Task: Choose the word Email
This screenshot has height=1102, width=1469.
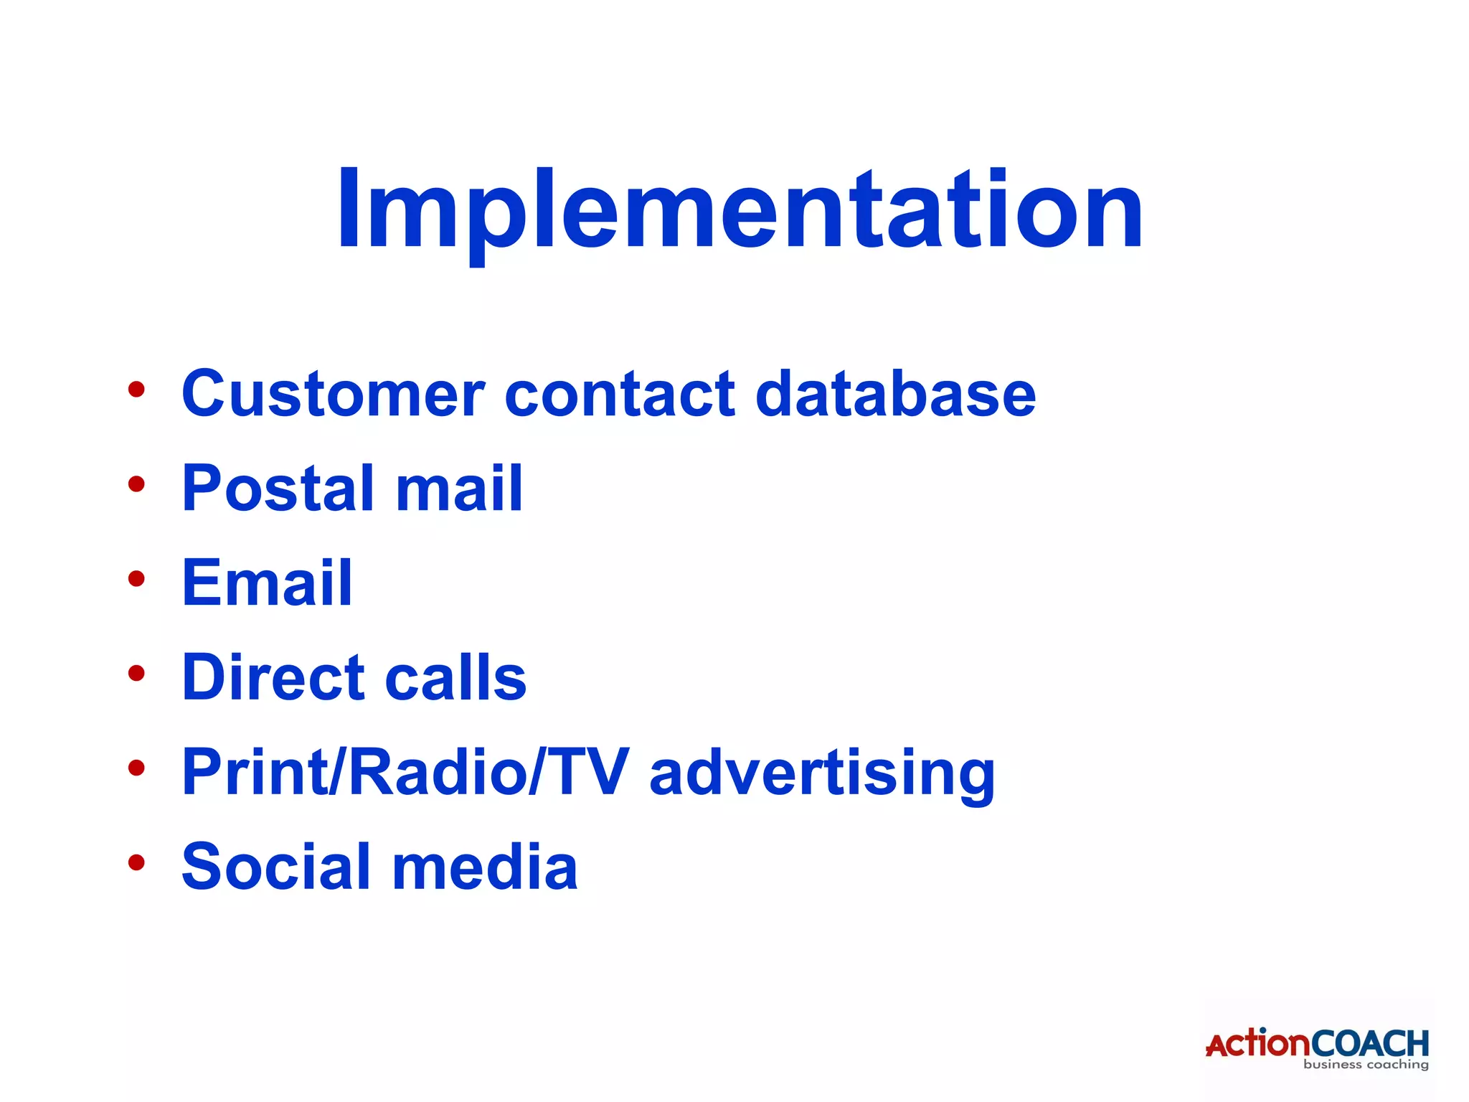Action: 267,583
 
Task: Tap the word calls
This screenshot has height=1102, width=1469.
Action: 455,677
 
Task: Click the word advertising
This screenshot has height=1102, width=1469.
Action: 822,773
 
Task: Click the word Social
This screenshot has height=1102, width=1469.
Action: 277,867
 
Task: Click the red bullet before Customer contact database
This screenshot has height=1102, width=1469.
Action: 136,390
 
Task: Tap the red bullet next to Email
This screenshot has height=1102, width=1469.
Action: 136,578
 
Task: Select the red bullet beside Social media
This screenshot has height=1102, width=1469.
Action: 136,862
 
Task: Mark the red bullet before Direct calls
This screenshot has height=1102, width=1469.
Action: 136,673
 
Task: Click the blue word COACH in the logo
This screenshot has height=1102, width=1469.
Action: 1370,1043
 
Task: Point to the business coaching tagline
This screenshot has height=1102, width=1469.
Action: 1366,1065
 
